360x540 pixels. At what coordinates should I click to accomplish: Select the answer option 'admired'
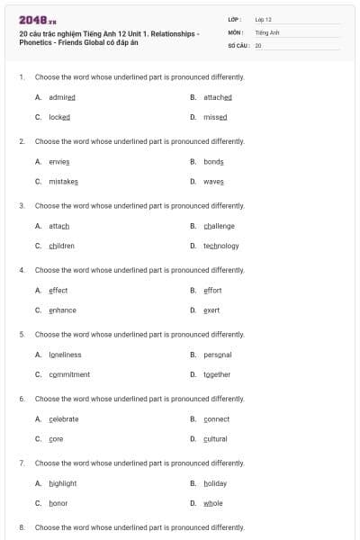pos(62,97)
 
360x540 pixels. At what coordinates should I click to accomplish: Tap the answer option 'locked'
pos(59,117)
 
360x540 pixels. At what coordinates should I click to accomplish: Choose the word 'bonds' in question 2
pos(214,161)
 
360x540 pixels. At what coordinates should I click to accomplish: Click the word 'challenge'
pos(219,226)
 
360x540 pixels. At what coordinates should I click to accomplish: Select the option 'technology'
pos(221,246)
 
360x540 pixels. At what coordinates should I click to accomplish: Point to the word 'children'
pos(62,246)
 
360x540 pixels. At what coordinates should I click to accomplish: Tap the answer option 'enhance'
pos(63,310)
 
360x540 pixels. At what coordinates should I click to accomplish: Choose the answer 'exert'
pos(211,310)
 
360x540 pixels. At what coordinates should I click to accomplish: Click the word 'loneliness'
pos(66,355)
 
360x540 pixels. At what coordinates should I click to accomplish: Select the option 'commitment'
pos(69,374)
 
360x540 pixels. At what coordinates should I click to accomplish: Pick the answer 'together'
pos(217,374)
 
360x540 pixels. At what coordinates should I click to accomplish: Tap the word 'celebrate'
pos(64,418)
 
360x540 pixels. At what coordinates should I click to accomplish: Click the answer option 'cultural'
pos(216,438)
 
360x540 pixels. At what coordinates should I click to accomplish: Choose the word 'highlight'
pos(63,483)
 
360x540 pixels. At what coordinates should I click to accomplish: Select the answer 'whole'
pos(213,503)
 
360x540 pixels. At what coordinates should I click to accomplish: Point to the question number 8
pos(22,526)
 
